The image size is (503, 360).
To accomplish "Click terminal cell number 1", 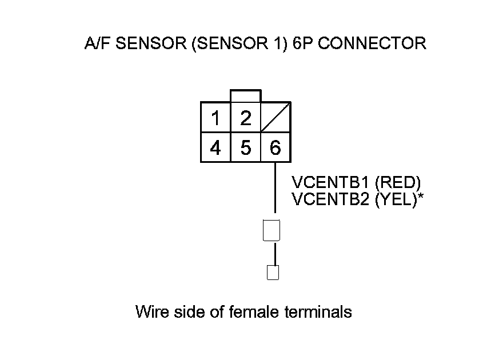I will coord(215,118).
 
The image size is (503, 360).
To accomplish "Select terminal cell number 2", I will coord(246,118).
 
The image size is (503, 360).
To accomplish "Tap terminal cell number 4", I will coord(215,148).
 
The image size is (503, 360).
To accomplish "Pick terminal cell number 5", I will coord(246,148).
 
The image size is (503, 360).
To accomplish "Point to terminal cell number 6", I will coord(276,148).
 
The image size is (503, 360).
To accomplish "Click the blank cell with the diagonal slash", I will coord(276,118).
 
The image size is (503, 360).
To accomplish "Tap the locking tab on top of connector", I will coord(246,96).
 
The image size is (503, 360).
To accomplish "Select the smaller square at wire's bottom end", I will coord(273,273).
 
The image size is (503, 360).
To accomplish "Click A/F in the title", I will coord(97,43).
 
